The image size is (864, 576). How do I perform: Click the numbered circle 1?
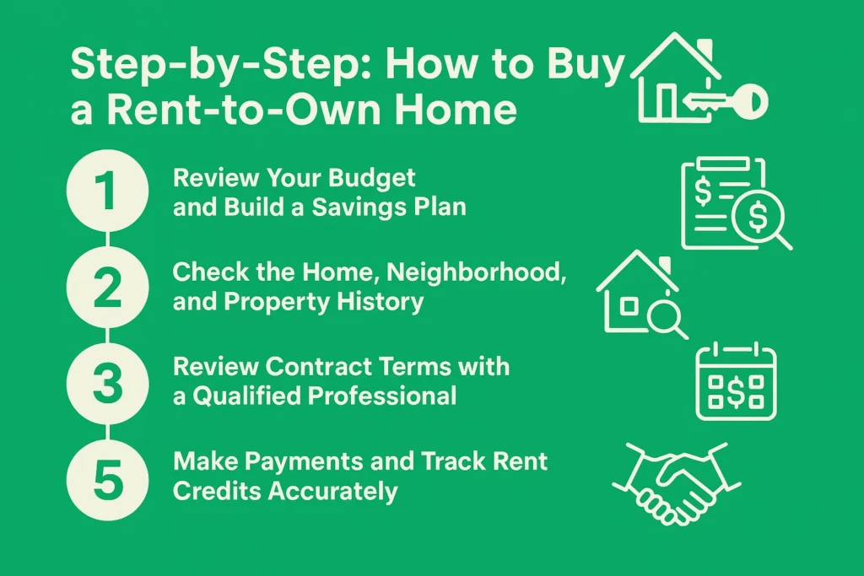(x=109, y=193)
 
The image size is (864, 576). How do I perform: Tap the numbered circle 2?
(x=109, y=287)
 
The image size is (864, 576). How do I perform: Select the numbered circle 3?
(x=109, y=381)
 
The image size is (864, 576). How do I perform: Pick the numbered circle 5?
(x=109, y=476)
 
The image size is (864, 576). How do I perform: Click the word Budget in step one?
(x=375, y=179)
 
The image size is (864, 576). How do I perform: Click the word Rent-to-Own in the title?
(x=232, y=110)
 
